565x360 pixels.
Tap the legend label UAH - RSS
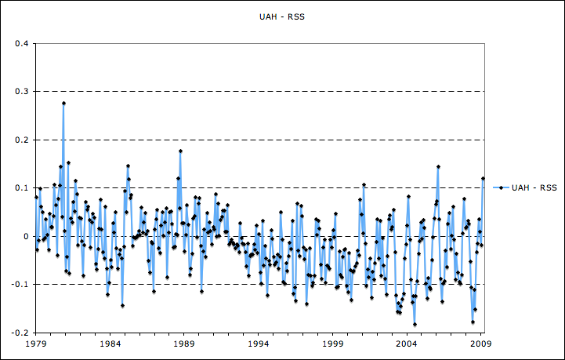[535, 187]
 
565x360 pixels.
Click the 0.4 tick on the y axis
[23, 44]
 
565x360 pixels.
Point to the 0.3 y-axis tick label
[23, 92]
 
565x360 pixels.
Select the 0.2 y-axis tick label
[23, 140]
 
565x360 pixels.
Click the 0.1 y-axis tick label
[23, 188]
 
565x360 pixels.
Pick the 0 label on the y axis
[27, 236]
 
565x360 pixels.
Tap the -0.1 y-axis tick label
[21, 285]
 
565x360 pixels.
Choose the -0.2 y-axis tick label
[21, 333]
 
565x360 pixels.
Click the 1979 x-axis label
[36, 344]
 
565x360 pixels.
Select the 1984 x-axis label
[110, 344]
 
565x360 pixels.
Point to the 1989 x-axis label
[184, 344]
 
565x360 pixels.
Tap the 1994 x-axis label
[259, 344]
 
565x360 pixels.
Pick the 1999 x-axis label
[332, 344]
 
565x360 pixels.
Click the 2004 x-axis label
[407, 344]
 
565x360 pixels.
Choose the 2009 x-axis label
[480, 344]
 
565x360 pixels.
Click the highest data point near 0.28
[63, 103]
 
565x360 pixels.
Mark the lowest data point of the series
[415, 324]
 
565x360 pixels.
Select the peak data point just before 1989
[180, 151]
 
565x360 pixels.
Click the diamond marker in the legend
[500, 187]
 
